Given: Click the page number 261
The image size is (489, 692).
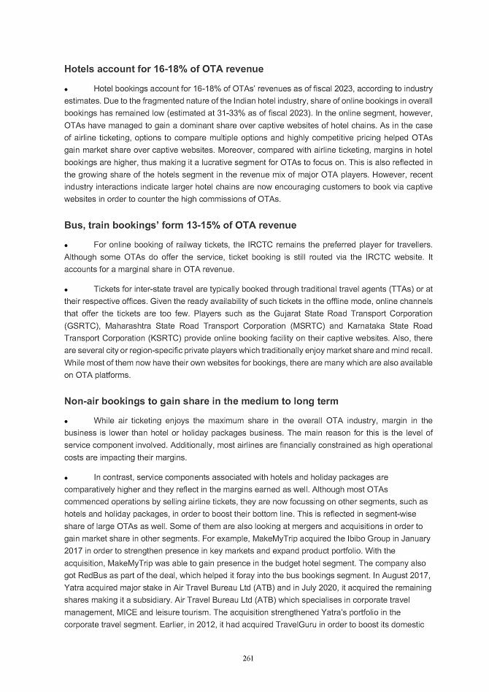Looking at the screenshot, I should pos(247,659).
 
